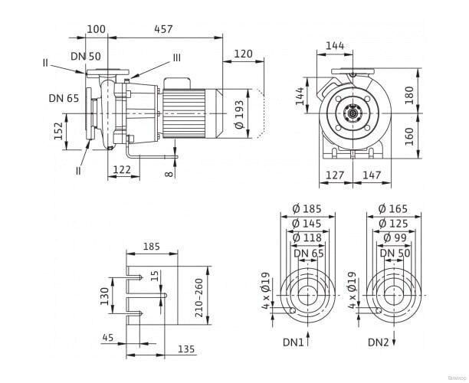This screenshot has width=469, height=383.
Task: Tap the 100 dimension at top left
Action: coord(97,29)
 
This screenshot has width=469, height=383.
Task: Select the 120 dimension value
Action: coord(244,54)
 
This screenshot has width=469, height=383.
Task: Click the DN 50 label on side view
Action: coord(84,56)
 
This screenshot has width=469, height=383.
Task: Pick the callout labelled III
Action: coord(176,57)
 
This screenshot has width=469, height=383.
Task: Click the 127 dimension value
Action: coord(335,175)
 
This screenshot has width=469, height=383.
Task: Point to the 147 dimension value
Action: coord(370,175)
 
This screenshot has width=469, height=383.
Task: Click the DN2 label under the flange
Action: coord(379,341)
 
